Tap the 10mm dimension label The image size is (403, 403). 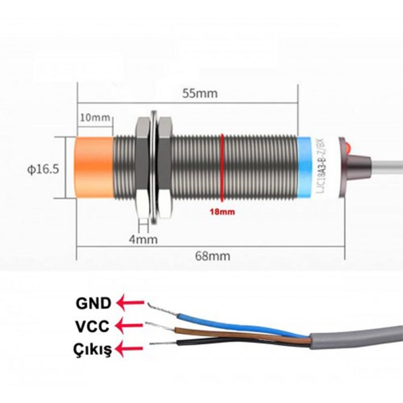click(95, 118)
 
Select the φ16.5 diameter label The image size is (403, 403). click(43, 169)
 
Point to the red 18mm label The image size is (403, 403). click(222, 212)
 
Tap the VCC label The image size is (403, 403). click(92, 326)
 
